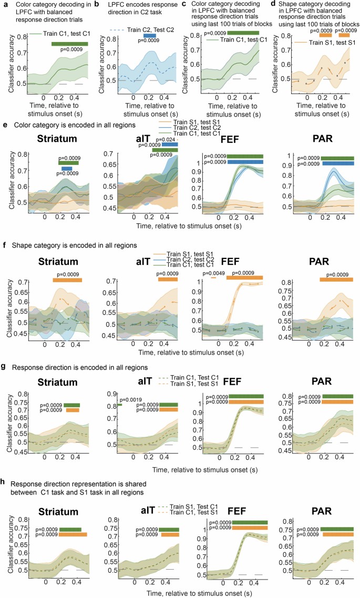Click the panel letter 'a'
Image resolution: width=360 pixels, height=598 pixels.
click(4, 5)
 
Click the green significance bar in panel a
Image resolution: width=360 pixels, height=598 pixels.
click(69, 44)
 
